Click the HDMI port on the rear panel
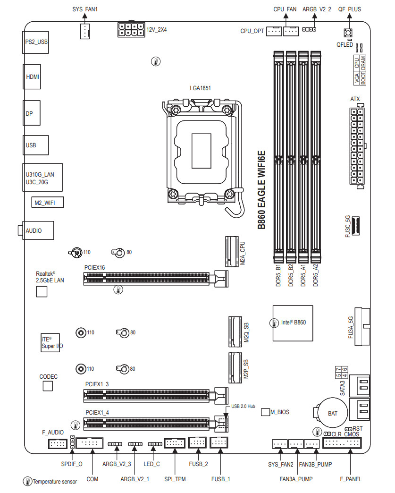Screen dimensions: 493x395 [x=32, y=76]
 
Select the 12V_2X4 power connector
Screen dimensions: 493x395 [x=131, y=30]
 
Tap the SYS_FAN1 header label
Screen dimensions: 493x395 [x=85, y=9]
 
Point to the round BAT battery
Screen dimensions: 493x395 [x=332, y=413]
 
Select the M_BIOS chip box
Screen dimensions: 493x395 [x=265, y=412]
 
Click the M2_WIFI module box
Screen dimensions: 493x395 [x=47, y=203]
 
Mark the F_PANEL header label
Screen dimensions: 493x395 [x=351, y=479]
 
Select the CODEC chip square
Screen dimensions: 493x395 [x=48, y=386]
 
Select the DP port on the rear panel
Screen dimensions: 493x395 [x=32, y=114]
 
